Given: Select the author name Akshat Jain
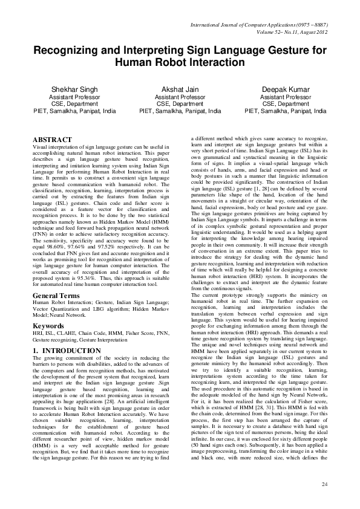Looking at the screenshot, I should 180,89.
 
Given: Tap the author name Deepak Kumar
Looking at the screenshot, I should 286,89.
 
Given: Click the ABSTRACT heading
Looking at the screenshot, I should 54,140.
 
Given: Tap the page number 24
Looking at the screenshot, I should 324,485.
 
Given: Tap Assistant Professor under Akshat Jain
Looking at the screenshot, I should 180,97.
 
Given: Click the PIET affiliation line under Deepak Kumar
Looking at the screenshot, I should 286,111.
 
